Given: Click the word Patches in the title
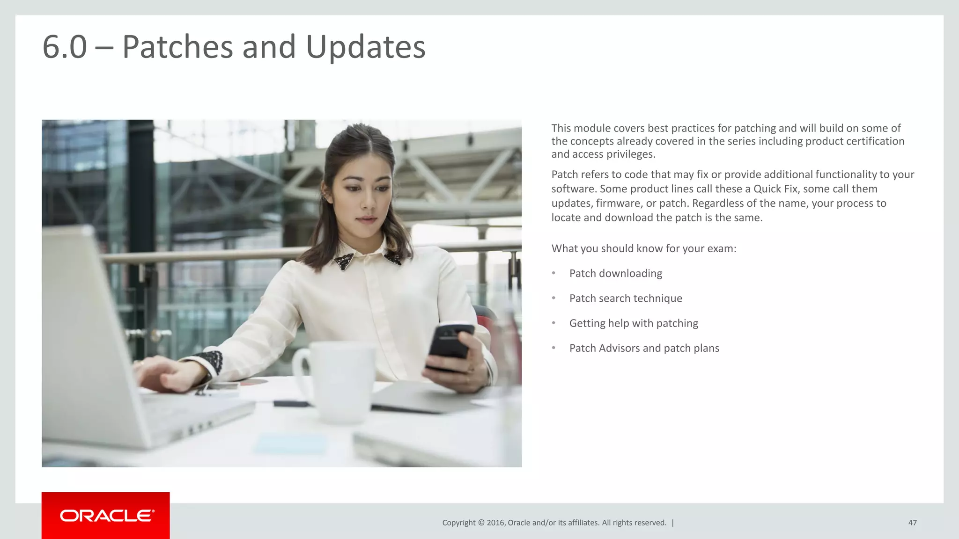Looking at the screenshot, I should tap(177, 47).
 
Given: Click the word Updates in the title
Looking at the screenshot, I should tap(365, 47).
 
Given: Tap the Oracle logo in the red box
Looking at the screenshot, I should tap(106, 516).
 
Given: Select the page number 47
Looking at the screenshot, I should tap(912, 523).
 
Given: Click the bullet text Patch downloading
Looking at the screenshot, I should tap(615, 273).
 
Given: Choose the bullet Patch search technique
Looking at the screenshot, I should tap(625, 299).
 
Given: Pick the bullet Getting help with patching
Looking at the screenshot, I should tap(633, 323).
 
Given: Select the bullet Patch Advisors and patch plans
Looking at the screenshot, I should tap(644, 348).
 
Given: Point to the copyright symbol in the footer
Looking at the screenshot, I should tap(480, 523).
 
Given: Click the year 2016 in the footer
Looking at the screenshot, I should tap(495, 523).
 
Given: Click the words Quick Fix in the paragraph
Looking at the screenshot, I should tap(775, 189).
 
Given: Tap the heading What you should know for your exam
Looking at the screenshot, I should tap(643, 248).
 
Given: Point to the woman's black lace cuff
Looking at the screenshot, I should tap(208, 362).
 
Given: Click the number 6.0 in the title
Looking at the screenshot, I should tap(65, 47).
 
